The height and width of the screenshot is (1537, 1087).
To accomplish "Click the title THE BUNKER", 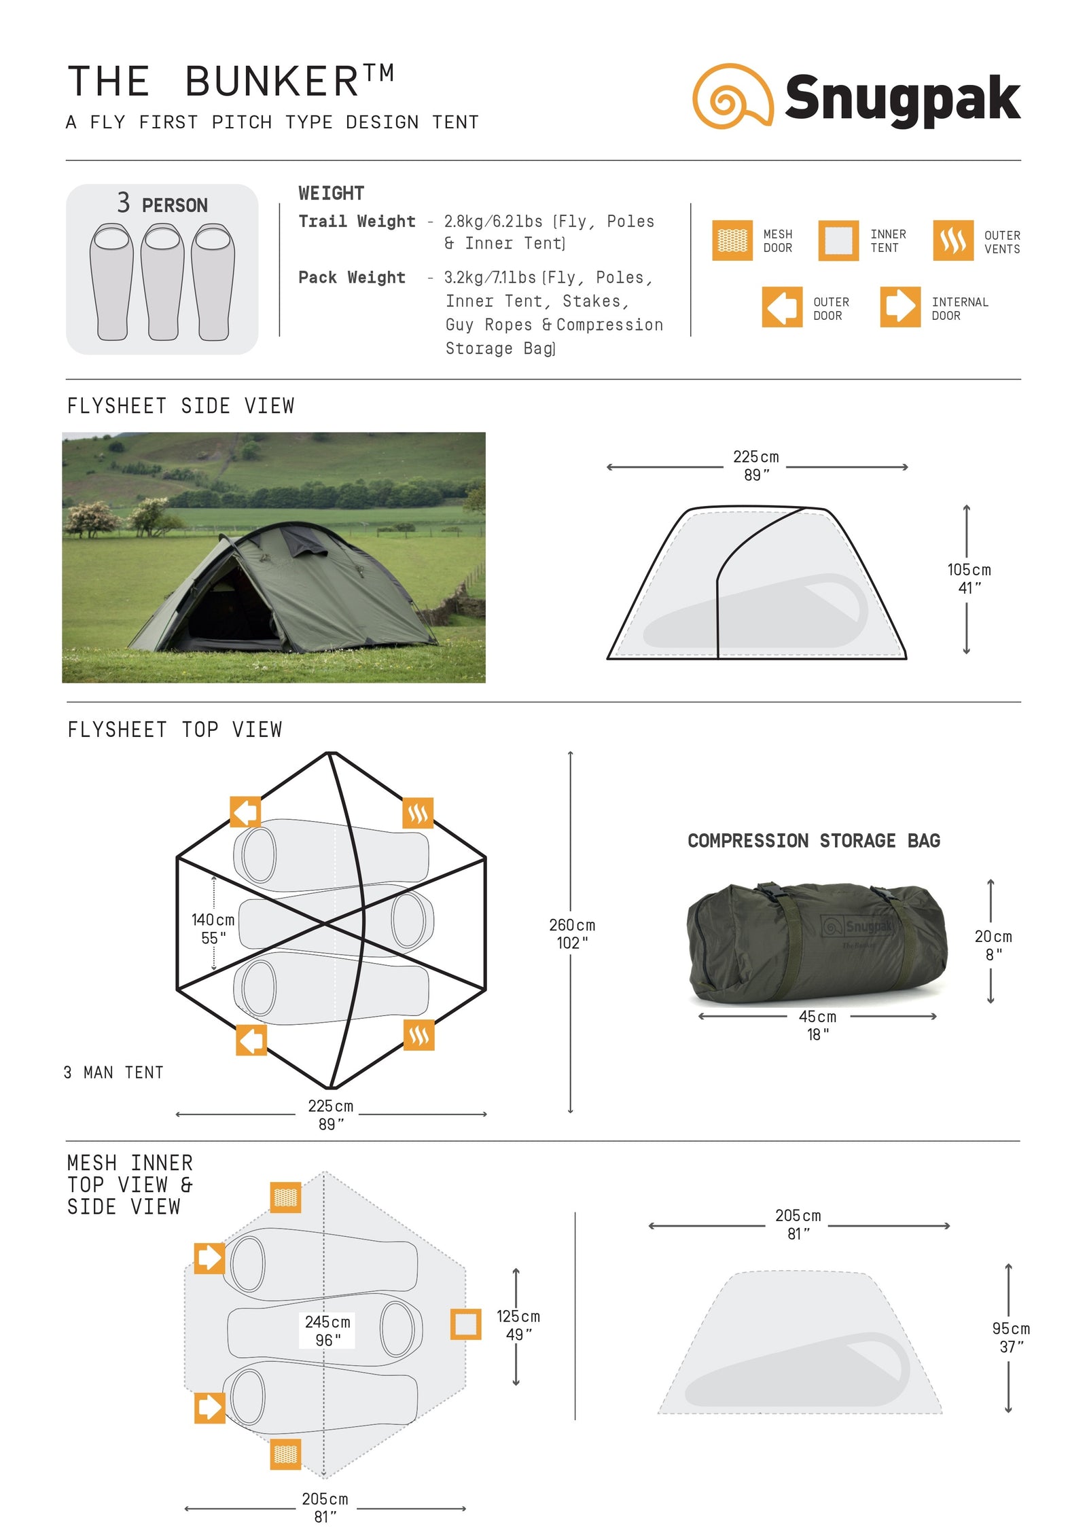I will tap(230, 82).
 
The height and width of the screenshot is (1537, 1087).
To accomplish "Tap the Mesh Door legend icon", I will tap(732, 240).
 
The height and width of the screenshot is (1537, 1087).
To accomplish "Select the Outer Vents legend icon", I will tap(952, 240).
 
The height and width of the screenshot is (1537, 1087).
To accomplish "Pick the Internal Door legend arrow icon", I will tap(899, 307).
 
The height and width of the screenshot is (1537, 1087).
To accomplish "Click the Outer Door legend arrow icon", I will tap(781, 307).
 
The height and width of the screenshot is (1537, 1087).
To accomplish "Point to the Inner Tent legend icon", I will tap(838, 240).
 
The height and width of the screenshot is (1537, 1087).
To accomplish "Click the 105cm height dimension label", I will tap(968, 578).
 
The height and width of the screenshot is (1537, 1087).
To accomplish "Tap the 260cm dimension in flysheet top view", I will tap(571, 933).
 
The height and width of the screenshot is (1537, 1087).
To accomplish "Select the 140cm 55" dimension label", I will tap(213, 928).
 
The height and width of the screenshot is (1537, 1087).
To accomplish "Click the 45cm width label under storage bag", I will tap(817, 1024).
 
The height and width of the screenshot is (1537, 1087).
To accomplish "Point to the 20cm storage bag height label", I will tap(993, 944).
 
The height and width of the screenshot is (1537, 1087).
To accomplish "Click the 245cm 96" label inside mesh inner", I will tap(327, 1330).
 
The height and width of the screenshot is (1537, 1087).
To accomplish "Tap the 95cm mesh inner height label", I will tap(1010, 1337).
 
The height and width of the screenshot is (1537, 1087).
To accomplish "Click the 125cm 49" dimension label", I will tap(518, 1324).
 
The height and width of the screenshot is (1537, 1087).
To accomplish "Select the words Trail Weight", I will tap(357, 221).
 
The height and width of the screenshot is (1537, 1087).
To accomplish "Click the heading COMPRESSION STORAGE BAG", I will tap(813, 840).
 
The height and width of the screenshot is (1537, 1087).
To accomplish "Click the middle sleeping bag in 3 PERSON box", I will tap(162, 282).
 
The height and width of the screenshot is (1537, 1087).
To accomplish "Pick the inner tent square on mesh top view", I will tap(465, 1324).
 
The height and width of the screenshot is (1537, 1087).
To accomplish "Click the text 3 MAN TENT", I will tap(113, 1072).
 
